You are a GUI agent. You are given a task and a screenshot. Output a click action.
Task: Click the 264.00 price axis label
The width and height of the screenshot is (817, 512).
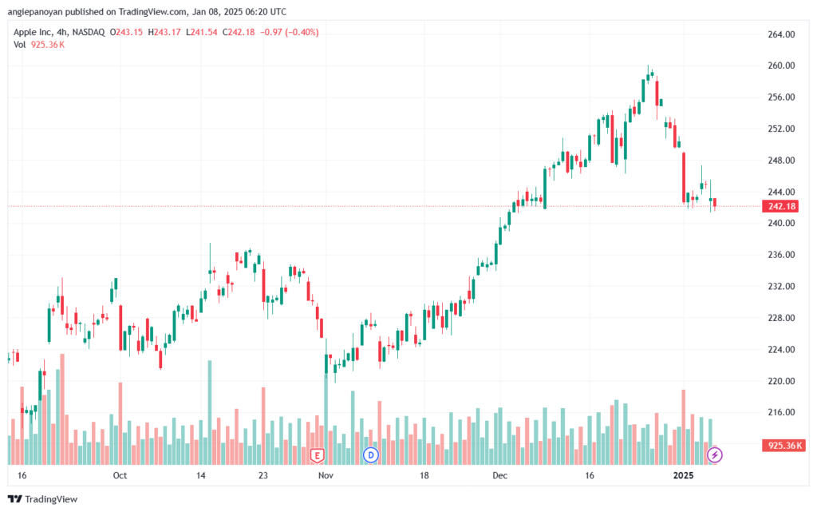click(x=781, y=34)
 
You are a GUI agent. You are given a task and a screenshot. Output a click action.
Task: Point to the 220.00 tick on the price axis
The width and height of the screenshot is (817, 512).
click(x=781, y=381)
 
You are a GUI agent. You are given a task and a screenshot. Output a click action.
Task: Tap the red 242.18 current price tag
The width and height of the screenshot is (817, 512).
click(x=782, y=206)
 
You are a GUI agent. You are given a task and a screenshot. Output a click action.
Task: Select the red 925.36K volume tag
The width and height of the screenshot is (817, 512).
click(x=784, y=446)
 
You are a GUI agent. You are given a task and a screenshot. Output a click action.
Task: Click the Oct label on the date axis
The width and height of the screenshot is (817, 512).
click(x=120, y=475)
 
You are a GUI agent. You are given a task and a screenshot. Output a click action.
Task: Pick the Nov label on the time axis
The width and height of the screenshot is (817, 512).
click(x=326, y=475)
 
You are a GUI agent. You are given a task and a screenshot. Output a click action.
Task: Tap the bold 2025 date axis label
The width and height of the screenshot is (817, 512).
click(x=683, y=475)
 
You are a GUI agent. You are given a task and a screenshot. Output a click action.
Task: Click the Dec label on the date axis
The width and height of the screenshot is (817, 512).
click(x=499, y=475)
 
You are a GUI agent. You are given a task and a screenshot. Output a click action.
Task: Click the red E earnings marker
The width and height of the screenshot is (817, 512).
click(x=317, y=456)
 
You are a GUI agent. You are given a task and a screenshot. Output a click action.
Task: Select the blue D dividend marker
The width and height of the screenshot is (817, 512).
click(x=371, y=455)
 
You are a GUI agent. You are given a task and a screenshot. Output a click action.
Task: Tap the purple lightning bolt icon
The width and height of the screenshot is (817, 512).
click(x=714, y=455)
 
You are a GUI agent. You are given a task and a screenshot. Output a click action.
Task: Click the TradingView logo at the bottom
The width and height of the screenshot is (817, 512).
click(x=43, y=499)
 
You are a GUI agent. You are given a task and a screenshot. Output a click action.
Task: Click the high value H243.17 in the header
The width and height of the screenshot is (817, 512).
click(x=164, y=32)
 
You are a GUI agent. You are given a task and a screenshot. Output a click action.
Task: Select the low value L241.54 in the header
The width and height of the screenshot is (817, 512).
click(x=202, y=32)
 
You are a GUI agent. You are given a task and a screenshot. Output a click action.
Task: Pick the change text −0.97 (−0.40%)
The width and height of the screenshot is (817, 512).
click(x=289, y=32)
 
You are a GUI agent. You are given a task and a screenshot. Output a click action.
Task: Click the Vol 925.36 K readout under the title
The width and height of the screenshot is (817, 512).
click(x=39, y=45)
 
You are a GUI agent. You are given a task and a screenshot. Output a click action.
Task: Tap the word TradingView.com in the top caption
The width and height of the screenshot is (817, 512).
click(x=151, y=11)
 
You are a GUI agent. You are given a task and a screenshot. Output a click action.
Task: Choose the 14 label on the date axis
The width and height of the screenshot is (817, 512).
click(x=200, y=475)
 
